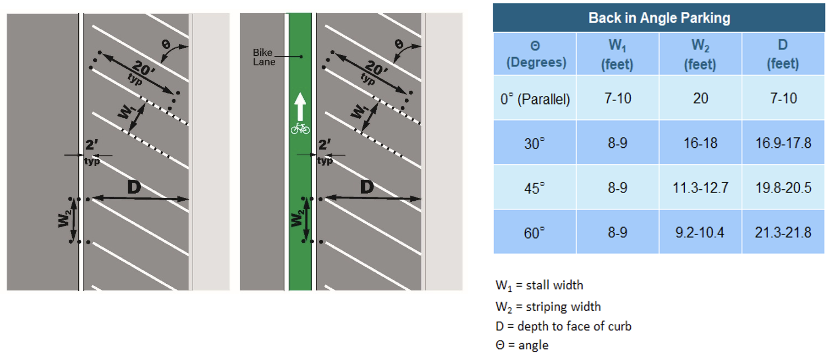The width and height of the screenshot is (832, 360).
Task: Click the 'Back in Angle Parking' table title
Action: point(659,18)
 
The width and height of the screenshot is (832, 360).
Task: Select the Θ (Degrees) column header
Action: point(535,54)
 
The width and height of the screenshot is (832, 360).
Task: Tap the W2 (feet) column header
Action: point(700,54)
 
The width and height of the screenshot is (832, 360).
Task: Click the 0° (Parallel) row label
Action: point(535,99)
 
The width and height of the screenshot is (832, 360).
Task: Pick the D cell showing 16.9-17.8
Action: point(783,143)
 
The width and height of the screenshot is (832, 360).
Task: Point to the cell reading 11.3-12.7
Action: point(700,188)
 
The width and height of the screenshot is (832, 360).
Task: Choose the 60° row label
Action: point(534,233)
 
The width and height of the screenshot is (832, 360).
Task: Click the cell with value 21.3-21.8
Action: point(783,233)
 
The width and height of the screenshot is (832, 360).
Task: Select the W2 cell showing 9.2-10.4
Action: point(700,233)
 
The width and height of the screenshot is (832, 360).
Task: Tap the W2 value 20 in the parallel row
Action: point(700,98)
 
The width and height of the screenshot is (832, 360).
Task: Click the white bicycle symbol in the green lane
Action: point(300,128)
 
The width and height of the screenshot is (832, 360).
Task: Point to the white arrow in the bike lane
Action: point(300,106)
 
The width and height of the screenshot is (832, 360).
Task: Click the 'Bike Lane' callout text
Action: point(264,57)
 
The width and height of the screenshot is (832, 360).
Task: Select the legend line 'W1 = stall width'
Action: point(539,286)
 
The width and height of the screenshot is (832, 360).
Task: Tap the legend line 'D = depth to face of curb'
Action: point(563,326)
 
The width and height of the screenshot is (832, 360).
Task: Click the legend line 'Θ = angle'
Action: point(522,345)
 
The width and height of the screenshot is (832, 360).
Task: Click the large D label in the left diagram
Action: point(134,187)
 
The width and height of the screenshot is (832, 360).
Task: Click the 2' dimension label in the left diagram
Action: point(92,145)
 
